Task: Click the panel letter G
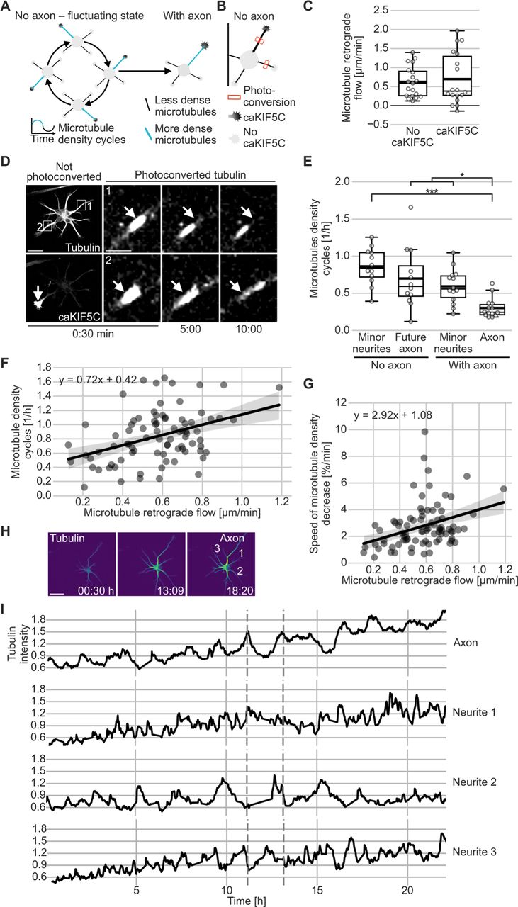tap(309, 383)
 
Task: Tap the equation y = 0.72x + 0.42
tap(98, 379)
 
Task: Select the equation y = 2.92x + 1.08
tap(393, 415)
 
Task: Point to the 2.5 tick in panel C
tap(381, 10)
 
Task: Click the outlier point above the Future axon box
tap(411, 208)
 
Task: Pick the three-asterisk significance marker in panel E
tap(432, 191)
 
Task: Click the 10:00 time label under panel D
tap(249, 329)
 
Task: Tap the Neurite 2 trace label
tap(474, 782)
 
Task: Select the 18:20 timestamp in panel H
tap(240, 591)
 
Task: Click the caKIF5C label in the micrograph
tap(79, 317)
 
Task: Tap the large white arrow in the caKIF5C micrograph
tap(38, 295)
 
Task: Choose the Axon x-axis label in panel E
tap(492, 337)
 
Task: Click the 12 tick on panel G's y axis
tap(343, 402)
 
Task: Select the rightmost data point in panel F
tap(279, 388)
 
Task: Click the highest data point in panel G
tap(424, 432)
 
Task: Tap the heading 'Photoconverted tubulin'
tap(191, 175)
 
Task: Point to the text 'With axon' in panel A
tap(187, 16)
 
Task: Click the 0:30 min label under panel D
tap(93, 334)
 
